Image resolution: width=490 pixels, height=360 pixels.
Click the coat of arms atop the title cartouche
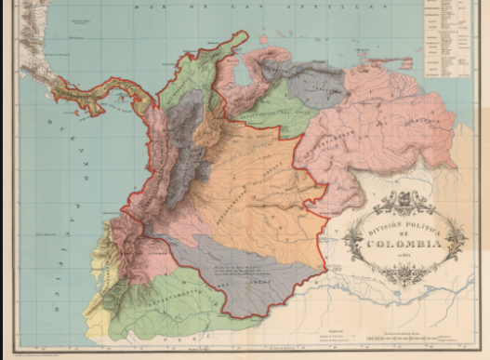tap(404, 201)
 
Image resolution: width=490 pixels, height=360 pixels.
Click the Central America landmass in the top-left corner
tap(28, 47)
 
